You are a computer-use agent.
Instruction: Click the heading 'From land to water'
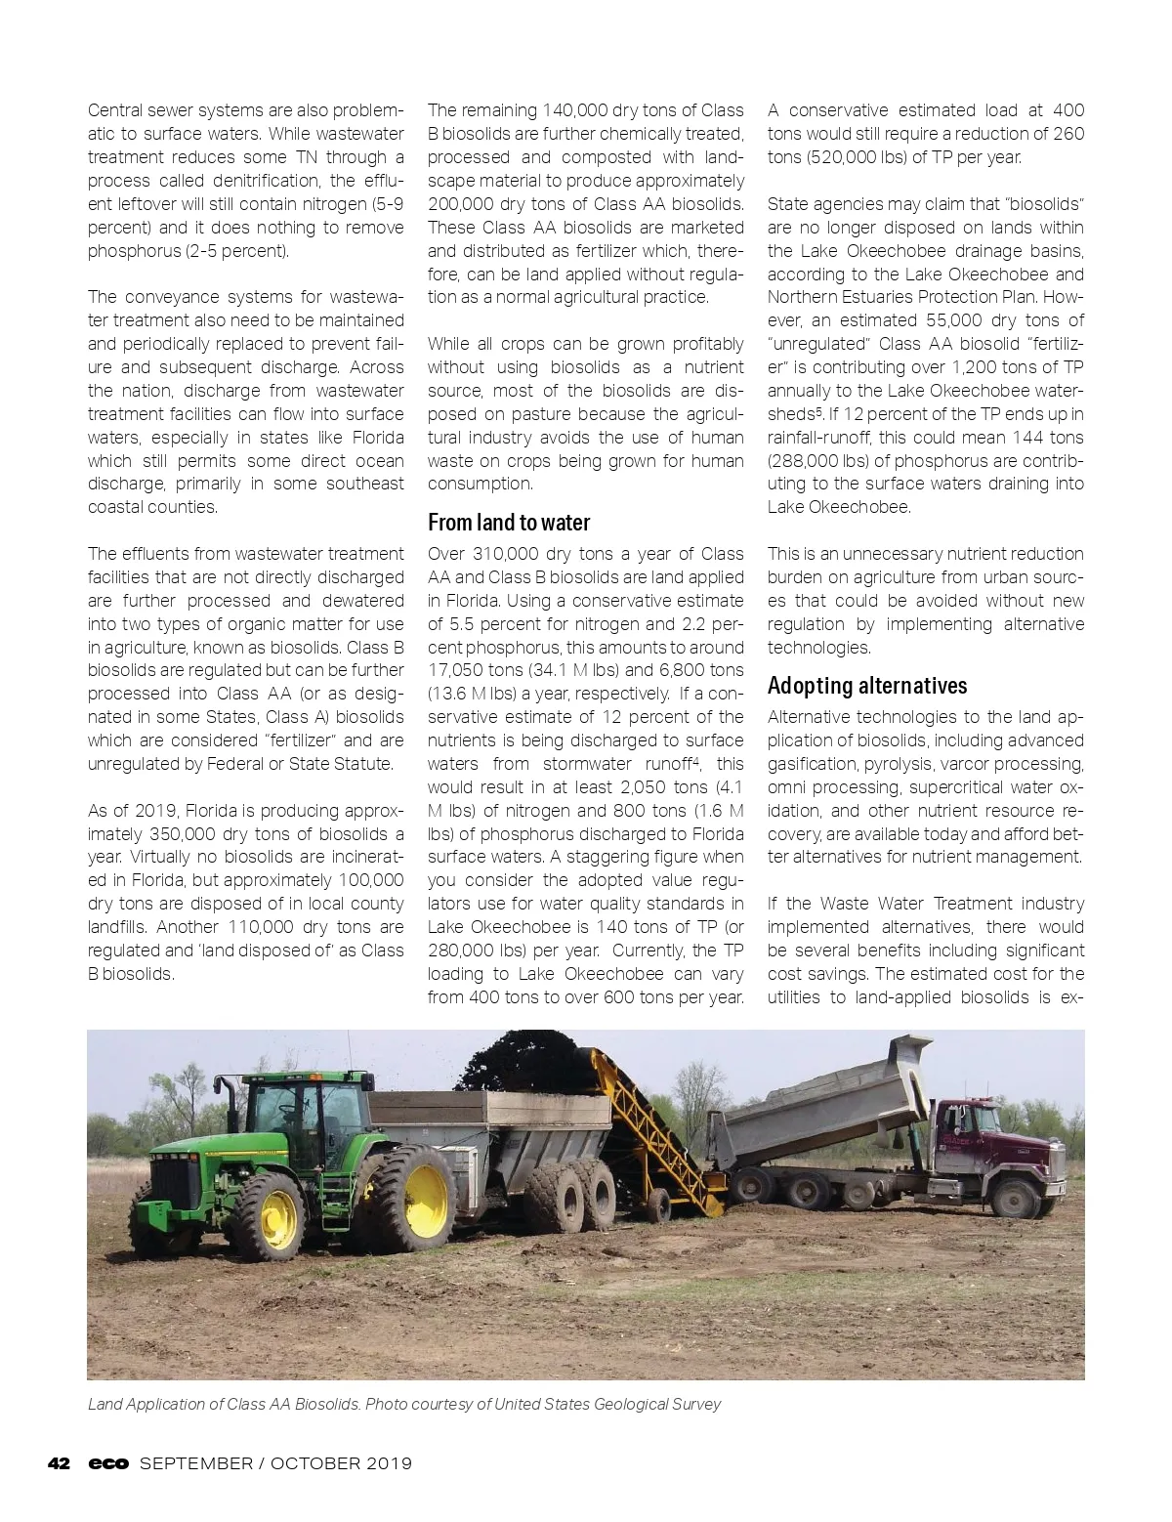pyautogui.click(x=509, y=523)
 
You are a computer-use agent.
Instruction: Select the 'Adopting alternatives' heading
pyautogui.click(x=867, y=685)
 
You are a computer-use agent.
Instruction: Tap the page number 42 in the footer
pyautogui.click(x=60, y=1463)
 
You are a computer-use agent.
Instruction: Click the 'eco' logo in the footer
pyautogui.click(x=108, y=1463)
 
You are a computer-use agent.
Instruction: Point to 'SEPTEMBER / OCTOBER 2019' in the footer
pyautogui.click(x=275, y=1463)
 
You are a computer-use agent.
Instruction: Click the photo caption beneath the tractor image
pyautogui.click(x=404, y=1404)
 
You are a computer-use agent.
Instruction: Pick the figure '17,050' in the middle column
pyautogui.click(x=460, y=670)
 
